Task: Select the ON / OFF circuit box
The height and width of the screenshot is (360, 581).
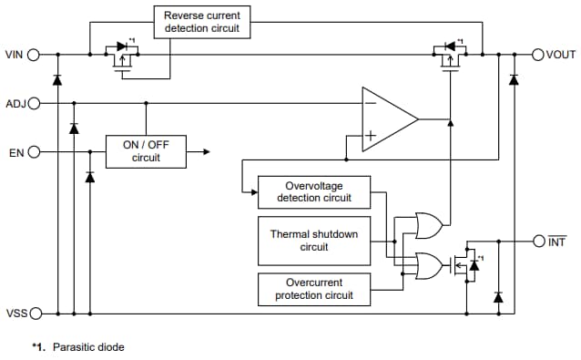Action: point(146,151)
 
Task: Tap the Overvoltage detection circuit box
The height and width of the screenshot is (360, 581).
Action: point(314,191)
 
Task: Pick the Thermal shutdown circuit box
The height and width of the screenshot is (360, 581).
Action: point(314,241)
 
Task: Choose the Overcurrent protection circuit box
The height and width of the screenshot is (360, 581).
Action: point(314,289)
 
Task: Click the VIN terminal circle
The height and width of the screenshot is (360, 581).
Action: point(34,55)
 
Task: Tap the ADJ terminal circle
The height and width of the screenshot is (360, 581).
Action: point(35,103)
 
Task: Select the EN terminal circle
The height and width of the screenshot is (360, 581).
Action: point(35,152)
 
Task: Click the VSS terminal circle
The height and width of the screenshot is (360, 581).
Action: point(35,314)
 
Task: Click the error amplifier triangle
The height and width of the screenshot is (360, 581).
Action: point(387,118)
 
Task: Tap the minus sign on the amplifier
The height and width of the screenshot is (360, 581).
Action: point(369,103)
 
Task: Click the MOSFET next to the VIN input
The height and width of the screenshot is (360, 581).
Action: point(121,57)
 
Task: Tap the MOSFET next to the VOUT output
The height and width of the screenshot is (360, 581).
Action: point(448,57)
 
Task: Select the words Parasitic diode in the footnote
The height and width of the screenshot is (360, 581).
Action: point(88,347)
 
